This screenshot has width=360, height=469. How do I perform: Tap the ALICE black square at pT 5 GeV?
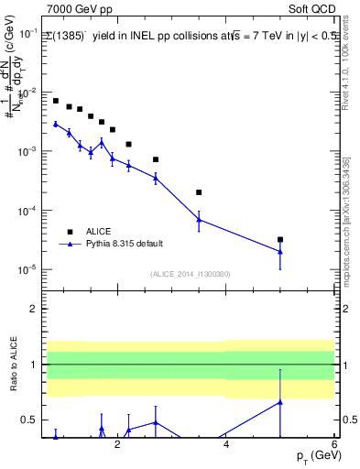280,239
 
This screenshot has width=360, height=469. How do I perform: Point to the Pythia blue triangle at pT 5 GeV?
280,251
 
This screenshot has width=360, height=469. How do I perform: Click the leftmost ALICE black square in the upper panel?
56,101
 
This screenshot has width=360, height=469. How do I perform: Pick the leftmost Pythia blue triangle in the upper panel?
56,124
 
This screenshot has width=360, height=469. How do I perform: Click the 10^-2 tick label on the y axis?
27,93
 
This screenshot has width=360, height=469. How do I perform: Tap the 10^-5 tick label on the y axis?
27,270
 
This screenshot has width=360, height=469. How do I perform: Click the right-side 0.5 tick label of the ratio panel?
348,420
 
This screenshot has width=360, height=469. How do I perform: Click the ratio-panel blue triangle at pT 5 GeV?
280,401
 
